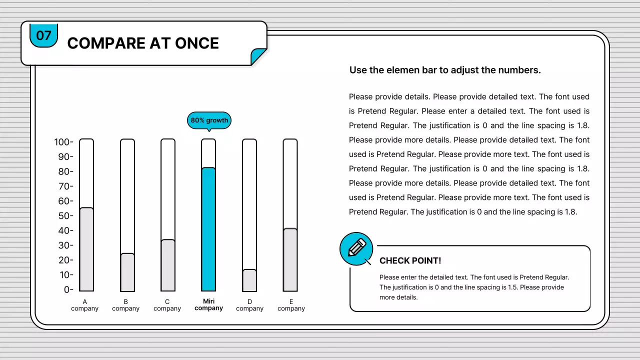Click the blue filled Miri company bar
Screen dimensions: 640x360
(208, 229)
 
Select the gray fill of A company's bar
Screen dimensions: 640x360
(86, 249)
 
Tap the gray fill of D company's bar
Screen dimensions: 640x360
(249, 280)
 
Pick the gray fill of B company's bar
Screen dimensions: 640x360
(127, 272)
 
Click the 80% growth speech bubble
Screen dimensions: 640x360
(209, 120)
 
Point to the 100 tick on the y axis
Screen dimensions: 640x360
(63, 142)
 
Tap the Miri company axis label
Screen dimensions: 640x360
(208, 304)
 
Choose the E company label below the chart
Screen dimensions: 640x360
(291, 305)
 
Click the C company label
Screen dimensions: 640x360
(167, 305)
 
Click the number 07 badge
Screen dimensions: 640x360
(43, 35)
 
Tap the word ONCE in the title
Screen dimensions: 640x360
(197, 43)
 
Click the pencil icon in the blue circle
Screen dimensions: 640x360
(356, 247)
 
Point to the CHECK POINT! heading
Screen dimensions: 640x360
(410, 260)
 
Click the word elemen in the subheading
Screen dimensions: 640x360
(403, 70)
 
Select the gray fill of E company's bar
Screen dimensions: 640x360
(290, 260)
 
